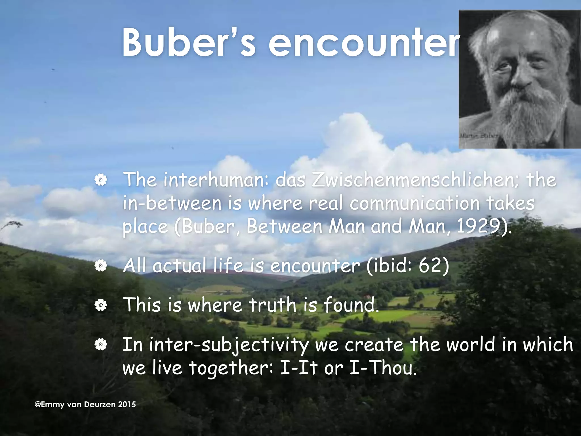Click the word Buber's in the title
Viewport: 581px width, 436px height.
pos(189,43)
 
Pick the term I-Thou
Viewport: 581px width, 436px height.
pos(383,368)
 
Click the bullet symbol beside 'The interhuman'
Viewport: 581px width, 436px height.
pos(101,180)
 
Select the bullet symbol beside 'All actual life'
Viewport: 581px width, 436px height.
pos(101,266)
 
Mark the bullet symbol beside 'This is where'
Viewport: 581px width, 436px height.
pos(101,305)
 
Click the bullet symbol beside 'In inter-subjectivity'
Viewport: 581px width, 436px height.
pos(101,345)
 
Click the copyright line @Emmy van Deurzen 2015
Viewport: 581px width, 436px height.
pos(85,404)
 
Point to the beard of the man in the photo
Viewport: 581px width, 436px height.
pos(522,114)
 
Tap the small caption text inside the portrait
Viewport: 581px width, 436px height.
pos(478,136)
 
